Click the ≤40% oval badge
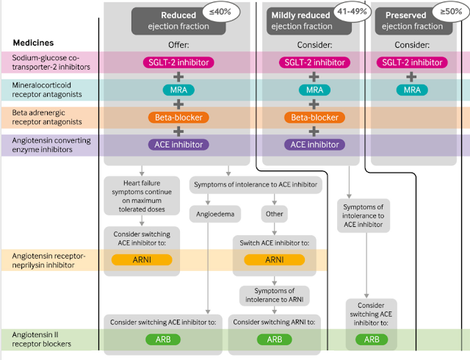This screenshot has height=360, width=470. (220, 12)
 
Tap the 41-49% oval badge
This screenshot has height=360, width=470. (352, 12)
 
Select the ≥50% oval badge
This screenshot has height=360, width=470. (451, 12)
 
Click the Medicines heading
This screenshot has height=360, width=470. (33, 43)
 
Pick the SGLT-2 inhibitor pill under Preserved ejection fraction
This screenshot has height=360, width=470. (412, 62)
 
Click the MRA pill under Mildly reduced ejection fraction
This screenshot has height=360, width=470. (314, 90)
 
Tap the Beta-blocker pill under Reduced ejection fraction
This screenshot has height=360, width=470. (178, 118)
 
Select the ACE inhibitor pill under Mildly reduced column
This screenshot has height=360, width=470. (314, 145)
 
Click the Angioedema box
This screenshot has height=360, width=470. (215, 214)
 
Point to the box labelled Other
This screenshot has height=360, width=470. (274, 214)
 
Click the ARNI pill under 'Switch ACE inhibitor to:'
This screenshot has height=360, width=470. (274, 260)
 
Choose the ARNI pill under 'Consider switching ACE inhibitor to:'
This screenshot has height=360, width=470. (142, 260)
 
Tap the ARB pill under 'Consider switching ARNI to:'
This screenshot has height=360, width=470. (274, 339)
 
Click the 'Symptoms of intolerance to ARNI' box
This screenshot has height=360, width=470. (274, 295)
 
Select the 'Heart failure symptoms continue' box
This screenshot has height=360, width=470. (142, 196)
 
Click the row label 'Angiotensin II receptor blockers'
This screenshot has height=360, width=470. (41, 339)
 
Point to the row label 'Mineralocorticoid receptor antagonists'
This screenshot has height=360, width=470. (47, 90)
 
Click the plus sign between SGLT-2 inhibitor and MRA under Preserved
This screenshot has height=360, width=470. (411, 77)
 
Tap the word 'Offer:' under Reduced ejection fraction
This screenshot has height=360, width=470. (178, 45)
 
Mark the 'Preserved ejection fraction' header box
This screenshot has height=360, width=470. (413, 21)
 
